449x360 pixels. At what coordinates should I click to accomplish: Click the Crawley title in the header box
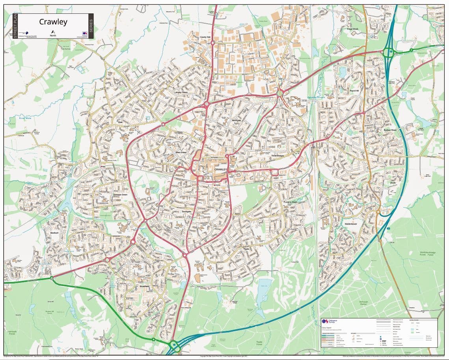(53, 22)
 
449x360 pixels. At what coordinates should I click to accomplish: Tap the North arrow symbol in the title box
(52, 32)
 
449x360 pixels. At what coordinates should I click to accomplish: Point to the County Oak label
(205, 37)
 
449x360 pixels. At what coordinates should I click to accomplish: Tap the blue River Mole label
(25, 118)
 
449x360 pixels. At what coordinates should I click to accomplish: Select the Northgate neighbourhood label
(237, 120)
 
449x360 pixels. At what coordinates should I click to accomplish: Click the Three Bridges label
(277, 156)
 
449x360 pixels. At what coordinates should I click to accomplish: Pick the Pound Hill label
(354, 91)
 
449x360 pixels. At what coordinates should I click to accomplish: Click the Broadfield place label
(144, 286)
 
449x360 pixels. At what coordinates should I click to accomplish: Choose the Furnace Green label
(290, 202)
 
